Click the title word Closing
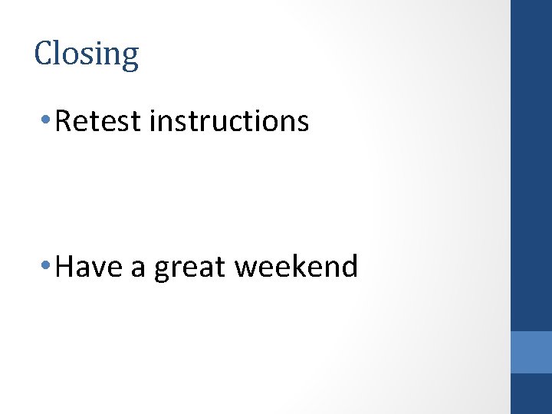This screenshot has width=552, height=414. pos(87,54)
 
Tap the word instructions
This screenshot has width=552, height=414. pos(229,121)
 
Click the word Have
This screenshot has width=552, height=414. pos(87,267)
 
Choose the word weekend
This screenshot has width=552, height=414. pos(296,267)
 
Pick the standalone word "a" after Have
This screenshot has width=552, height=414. pos(137,268)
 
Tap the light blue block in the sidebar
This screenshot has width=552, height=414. pos(531,352)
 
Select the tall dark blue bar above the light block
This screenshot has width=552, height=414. pos(531,165)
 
